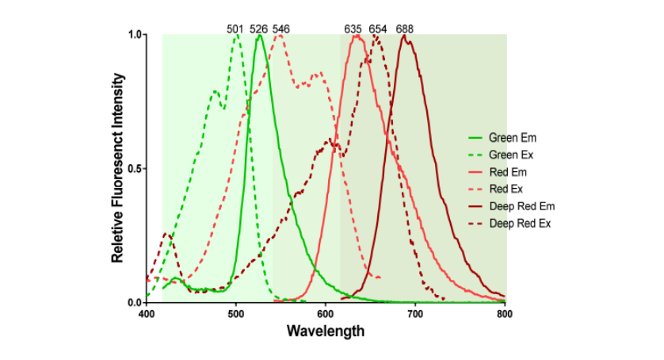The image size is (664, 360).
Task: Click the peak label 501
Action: pyautogui.click(x=235, y=29)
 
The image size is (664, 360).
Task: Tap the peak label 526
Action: pyautogui.click(x=258, y=29)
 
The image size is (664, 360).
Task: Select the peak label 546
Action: pyautogui.click(x=281, y=29)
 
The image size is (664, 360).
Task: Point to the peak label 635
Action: pyautogui.click(x=353, y=29)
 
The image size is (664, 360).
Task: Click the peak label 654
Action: pyautogui.click(x=378, y=29)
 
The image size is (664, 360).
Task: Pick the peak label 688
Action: pyautogui.click(x=404, y=29)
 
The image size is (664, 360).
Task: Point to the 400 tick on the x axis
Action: pyautogui.click(x=147, y=313)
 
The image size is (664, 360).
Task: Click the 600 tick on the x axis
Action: pyautogui.click(x=326, y=313)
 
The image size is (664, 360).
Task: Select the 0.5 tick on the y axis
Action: pyautogui.click(x=135, y=169)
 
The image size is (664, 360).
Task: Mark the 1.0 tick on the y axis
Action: pyautogui.click(x=135, y=35)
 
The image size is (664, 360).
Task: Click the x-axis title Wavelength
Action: pyautogui.click(x=326, y=331)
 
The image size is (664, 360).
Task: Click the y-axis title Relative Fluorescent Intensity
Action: pyautogui.click(x=117, y=168)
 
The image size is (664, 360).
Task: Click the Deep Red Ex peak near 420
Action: pyautogui.click(x=166, y=234)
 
